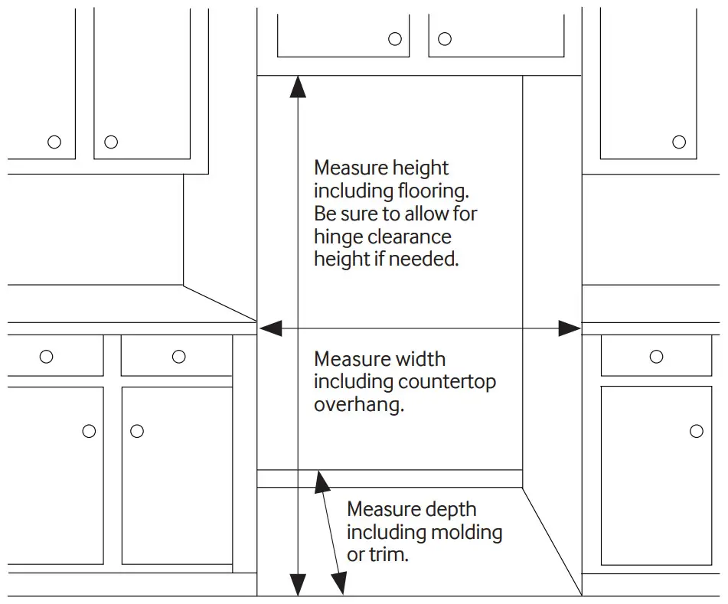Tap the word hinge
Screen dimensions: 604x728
click(x=337, y=237)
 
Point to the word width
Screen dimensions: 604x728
click(x=421, y=359)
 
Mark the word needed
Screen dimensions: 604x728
click(x=423, y=260)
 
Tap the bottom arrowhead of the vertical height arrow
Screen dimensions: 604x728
click(x=297, y=586)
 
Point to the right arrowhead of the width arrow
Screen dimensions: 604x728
click(x=570, y=328)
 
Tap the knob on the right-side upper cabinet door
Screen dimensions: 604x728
click(x=679, y=142)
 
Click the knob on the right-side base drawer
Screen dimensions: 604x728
click(x=656, y=356)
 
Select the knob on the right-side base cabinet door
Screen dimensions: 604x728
click(x=696, y=431)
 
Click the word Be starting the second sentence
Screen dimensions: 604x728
click(x=324, y=214)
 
